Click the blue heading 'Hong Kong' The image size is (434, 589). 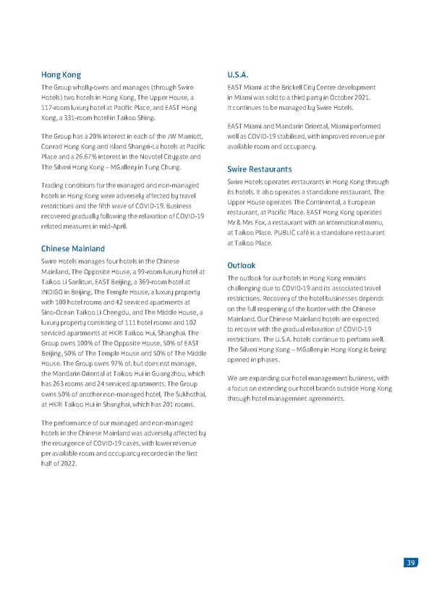point(61,75)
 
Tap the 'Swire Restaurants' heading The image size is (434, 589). point(259,169)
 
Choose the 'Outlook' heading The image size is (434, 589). point(242,266)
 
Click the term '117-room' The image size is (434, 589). point(56,108)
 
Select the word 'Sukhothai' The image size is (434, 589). point(181,394)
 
